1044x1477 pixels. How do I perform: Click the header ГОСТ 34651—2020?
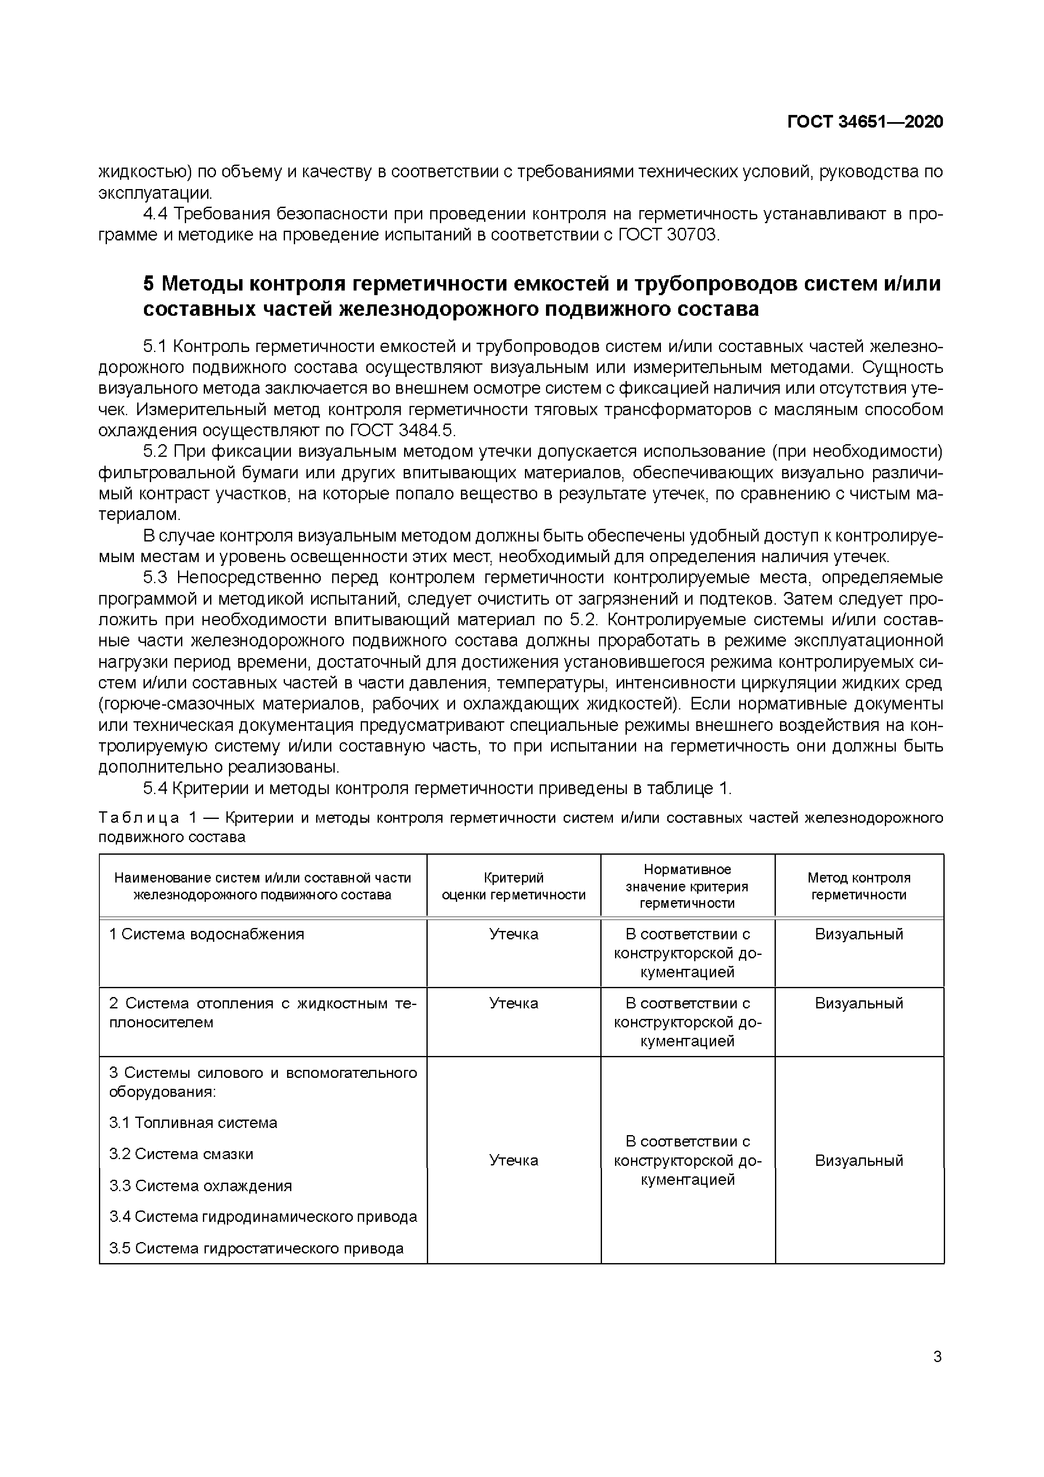865,122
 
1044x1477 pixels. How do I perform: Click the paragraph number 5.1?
154,347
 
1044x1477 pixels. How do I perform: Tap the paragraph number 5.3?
155,578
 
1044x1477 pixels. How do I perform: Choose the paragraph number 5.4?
155,789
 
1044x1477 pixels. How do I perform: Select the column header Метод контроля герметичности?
859,886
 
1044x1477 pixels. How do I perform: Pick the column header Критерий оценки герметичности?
513,886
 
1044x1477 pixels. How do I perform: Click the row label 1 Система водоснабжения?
206,933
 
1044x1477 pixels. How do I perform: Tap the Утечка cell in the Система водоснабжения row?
513,933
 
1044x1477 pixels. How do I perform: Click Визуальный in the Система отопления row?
859,1003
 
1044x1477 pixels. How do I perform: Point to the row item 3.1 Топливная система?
193,1122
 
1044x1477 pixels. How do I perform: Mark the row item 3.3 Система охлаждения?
200,1186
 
